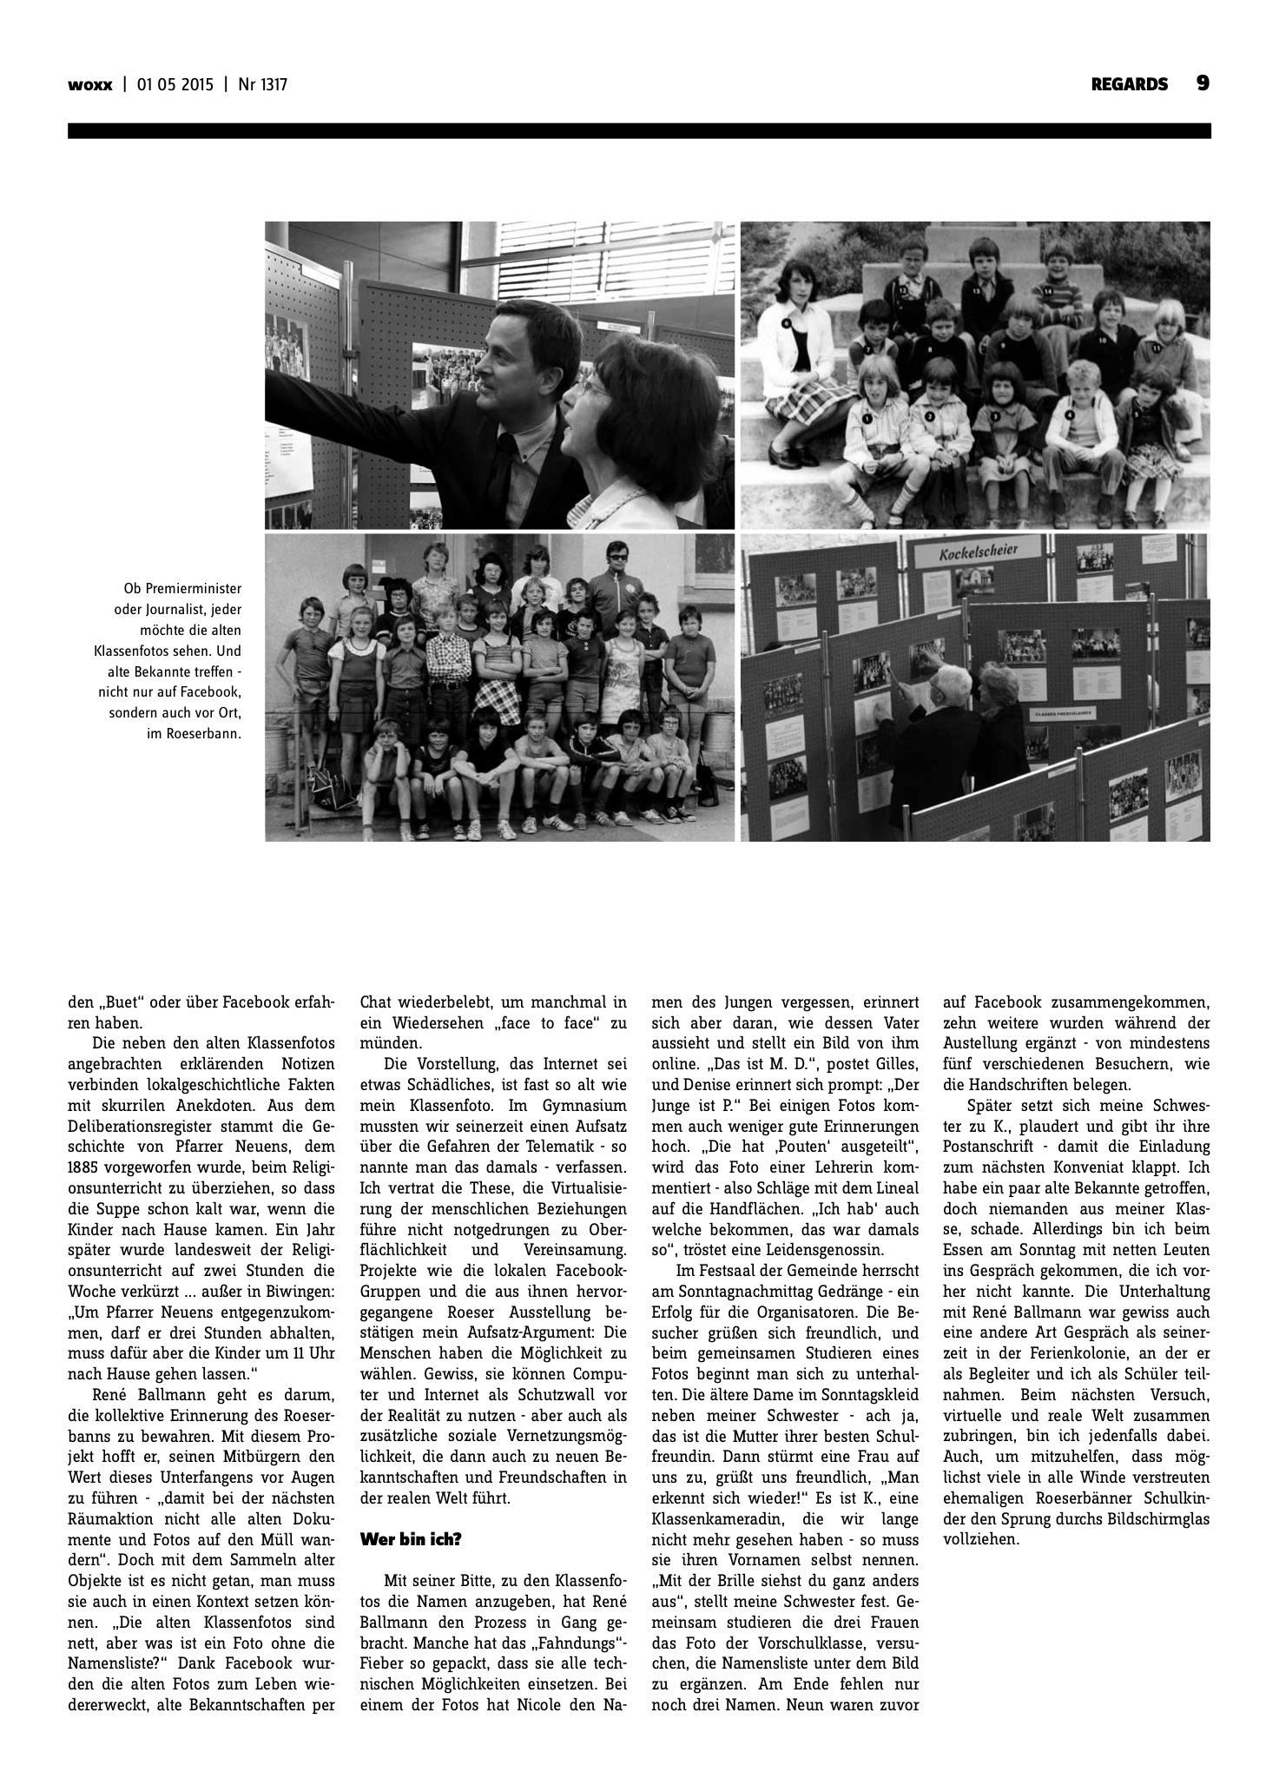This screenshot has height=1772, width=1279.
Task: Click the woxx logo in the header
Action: (x=90, y=85)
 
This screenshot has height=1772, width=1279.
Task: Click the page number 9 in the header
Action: (x=1203, y=83)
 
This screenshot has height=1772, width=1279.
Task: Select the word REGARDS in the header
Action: (x=1130, y=85)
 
